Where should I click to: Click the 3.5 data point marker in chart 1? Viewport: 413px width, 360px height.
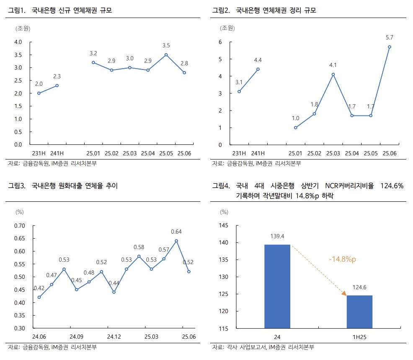click(166, 54)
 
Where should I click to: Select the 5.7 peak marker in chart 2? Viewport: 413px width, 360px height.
click(389, 47)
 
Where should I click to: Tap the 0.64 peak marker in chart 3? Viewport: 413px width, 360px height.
click(176, 241)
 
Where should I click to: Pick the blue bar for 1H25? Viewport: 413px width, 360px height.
click(359, 311)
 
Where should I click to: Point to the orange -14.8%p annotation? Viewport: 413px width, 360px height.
click(342, 260)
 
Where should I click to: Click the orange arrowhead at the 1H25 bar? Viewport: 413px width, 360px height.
click(344, 293)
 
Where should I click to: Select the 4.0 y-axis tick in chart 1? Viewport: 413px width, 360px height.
click(18, 42)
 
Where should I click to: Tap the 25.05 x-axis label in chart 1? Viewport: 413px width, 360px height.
click(166, 154)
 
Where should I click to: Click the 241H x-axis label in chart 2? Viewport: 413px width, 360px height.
click(258, 154)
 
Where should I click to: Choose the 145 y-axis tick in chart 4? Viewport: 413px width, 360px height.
click(223, 226)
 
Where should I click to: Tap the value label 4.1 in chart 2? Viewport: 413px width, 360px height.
click(333, 65)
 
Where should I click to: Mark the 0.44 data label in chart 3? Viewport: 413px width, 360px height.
click(114, 283)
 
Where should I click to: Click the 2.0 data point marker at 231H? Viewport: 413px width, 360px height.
click(39, 93)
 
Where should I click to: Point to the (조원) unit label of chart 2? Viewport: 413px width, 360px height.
click(227, 28)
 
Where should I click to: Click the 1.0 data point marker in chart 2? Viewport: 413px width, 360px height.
click(295, 128)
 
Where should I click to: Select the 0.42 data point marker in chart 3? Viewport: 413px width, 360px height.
click(39, 297)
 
